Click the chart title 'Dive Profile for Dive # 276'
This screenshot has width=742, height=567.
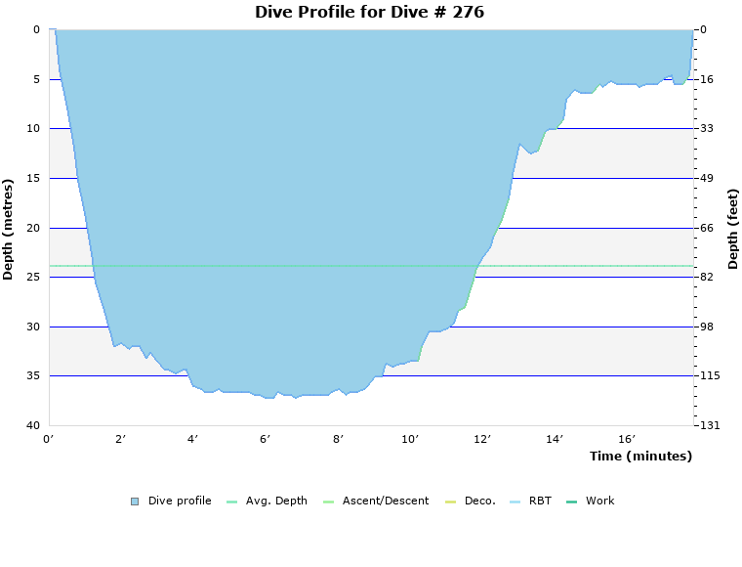pos(369,13)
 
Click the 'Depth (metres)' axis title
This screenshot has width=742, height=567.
pos(9,229)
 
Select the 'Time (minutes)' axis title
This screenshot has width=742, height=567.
pos(640,457)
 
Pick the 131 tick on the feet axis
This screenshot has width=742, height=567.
pos(710,426)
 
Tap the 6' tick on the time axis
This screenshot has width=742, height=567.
pos(266,440)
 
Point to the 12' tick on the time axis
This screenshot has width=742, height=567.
pos(482,440)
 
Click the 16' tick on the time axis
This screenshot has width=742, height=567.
pos(627,440)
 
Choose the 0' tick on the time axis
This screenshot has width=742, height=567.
pos(49,440)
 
